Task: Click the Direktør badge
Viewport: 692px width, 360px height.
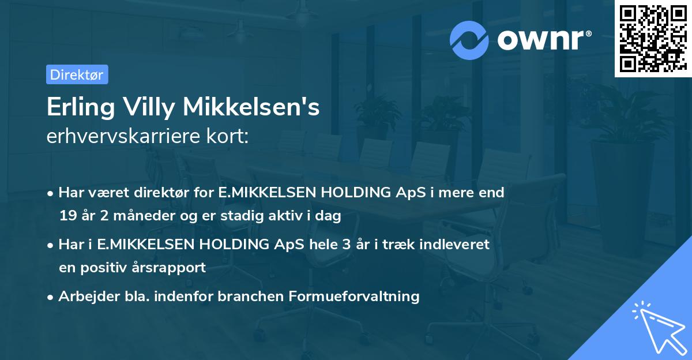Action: pos(77,74)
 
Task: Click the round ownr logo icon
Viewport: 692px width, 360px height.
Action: pos(469,40)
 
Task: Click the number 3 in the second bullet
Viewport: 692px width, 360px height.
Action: pos(347,245)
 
